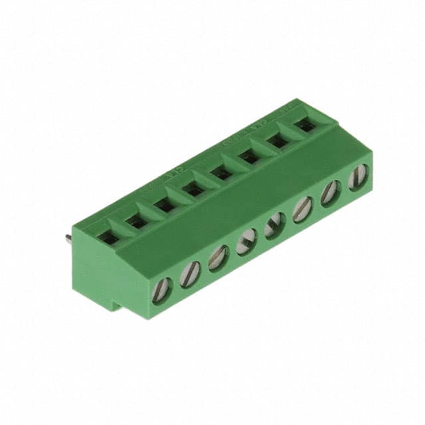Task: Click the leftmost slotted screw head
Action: [x=162, y=290]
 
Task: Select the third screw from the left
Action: [x=218, y=258]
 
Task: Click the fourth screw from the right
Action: [x=274, y=226]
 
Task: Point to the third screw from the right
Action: [x=303, y=209]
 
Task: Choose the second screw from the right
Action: [x=331, y=193]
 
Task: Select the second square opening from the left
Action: [x=137, y=221]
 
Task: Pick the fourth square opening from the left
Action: [x=194, y=191]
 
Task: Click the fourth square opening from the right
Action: [x=222, y=174]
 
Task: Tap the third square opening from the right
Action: [x=250, y=158]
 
